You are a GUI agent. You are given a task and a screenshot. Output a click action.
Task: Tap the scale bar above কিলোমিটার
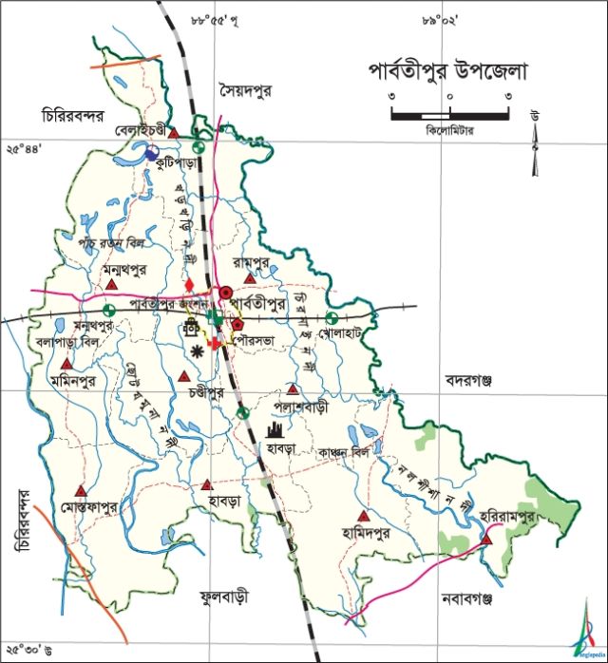coord(450,115)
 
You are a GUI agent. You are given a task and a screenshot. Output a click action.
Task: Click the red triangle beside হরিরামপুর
coord(486,540)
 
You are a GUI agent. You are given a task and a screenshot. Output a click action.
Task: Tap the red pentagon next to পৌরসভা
coord(252,324)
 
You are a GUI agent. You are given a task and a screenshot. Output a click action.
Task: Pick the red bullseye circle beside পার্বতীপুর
coord(226,292)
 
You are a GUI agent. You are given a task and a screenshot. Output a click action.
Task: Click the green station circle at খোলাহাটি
coord(332,318)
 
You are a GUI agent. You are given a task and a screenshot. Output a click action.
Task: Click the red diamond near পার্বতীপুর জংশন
coord(189,286)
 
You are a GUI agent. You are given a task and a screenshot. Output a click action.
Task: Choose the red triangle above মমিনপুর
coord(66,364)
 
